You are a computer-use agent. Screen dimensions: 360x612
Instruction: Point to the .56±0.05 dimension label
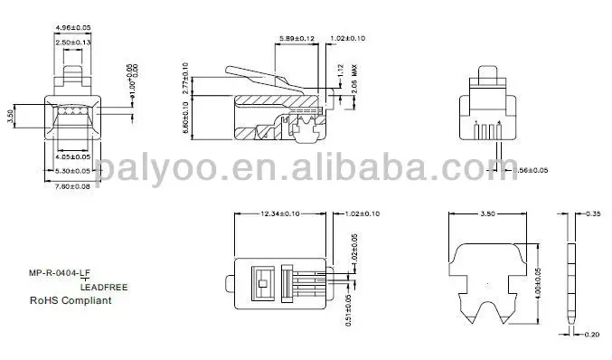[528, 170]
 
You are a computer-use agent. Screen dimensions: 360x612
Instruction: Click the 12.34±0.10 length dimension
[280, 214]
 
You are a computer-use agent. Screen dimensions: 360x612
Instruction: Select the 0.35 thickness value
[593, 213]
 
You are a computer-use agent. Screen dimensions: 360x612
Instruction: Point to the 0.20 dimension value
[592, 334]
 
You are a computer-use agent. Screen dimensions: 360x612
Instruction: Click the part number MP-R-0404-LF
[60, 272]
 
